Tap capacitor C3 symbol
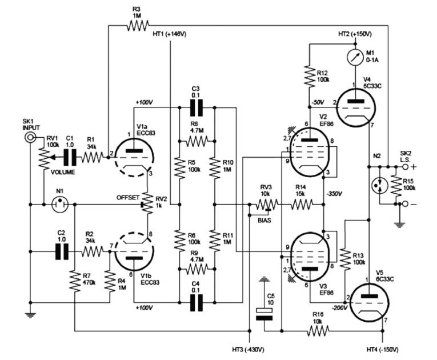click(x=195, y=105)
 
